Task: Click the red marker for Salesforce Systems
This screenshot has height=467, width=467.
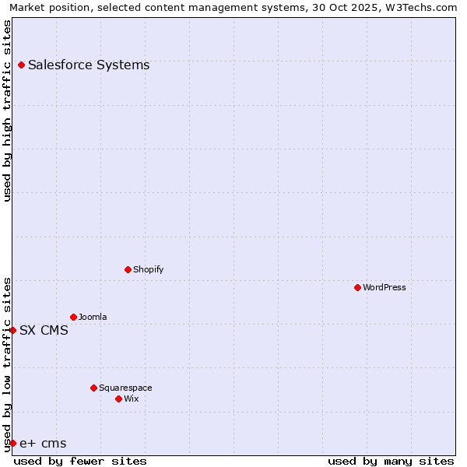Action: (21, 65)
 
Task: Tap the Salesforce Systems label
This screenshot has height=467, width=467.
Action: (89, 65)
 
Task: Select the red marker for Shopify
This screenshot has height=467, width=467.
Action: (128, 269)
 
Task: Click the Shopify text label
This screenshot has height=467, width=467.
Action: (148, 270)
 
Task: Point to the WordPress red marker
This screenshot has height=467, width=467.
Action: (357, 287)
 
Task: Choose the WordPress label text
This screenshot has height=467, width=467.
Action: (384, 288)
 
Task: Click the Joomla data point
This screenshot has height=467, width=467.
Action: (73, 317)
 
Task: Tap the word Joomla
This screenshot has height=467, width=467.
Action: (93, 318)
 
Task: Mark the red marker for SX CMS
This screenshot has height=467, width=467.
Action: (12, 330)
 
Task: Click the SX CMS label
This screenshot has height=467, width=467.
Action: (44, 331)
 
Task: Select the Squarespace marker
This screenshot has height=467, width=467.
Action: (93, 388)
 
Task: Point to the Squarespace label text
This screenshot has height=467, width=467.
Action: (125, 388)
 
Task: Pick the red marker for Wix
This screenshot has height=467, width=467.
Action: (118, 399)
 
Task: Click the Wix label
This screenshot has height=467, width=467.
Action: (132, 399)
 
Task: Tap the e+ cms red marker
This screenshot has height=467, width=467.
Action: (12, 443)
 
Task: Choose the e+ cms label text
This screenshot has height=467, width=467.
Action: (43, 444)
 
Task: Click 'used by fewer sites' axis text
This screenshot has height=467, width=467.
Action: (80, 462)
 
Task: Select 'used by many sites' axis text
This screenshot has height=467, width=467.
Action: (391, 462)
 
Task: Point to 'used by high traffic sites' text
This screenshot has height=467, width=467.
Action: (7, 111)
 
